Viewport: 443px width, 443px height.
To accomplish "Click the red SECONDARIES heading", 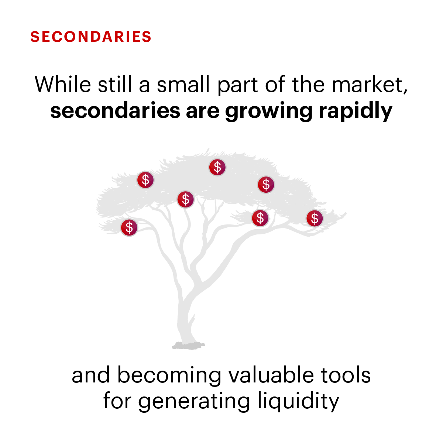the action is [x=91, y=37].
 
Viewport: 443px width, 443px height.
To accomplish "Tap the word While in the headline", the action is [x=63, y=84].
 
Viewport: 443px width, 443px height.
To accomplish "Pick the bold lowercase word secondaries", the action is [x=115, y=110].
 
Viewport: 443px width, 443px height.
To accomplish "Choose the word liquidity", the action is [x=298, y=402].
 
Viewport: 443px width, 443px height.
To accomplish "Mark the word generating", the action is [x=194, y=402].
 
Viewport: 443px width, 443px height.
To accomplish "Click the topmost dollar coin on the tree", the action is [x=217, y=167].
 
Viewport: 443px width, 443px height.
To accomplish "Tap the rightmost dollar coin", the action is [x=315, y=218].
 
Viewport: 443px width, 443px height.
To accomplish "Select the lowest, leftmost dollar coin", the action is [x=129, y=228].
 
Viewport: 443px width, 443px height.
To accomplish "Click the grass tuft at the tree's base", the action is [x=188, y=346].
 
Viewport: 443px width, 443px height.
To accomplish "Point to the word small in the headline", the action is [x=183, y=84].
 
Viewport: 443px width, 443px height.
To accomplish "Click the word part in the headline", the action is [x=238, y=86].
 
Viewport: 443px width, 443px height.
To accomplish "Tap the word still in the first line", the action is [x=115, y=84].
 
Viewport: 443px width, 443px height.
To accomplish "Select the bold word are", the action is [x=202, y=113].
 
